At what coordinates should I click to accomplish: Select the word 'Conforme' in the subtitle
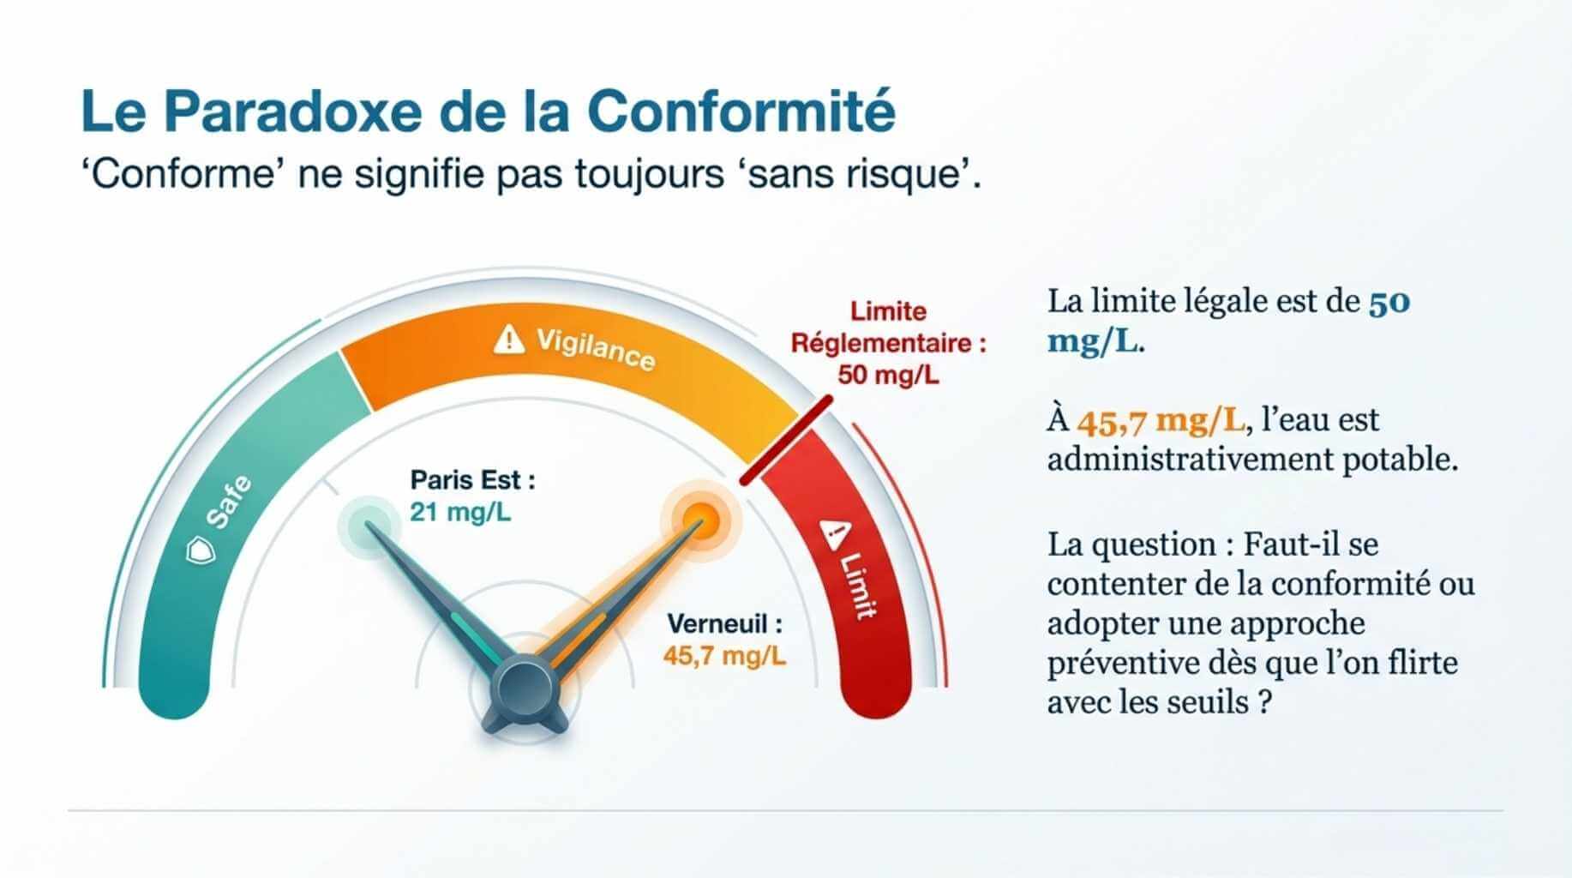pyautogui.click(x=183, y=175)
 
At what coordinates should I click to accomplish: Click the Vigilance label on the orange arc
pyautogui.click(x=596, y=348)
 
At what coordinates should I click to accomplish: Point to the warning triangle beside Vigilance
pyautogui.click(x=508, y=340)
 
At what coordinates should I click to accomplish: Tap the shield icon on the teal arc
pyautogui.click(x=201, y=550)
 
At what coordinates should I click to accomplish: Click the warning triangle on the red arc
pyautogui.click(x=833, y=533)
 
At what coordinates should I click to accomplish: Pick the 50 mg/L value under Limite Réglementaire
pyautogui.click(x=888, y=375)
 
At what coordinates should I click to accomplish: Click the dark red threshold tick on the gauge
pyautogui.click(x=786, y=441)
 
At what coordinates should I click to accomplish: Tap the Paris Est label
pyautogui.click(x=472, y=479)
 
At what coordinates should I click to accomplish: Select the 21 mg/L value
pyautogui.click(x=460, y=512)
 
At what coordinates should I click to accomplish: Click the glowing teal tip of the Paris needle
pyautogui.click(x=369, y=522)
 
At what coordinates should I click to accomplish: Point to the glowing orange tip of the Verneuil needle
pyautogui.click(x=700, y=517)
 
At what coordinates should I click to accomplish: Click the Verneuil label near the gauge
pyautogui.click(x=724, y=623)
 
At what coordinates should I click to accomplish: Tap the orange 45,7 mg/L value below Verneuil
pyautogui.click(x=724, y=656)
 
